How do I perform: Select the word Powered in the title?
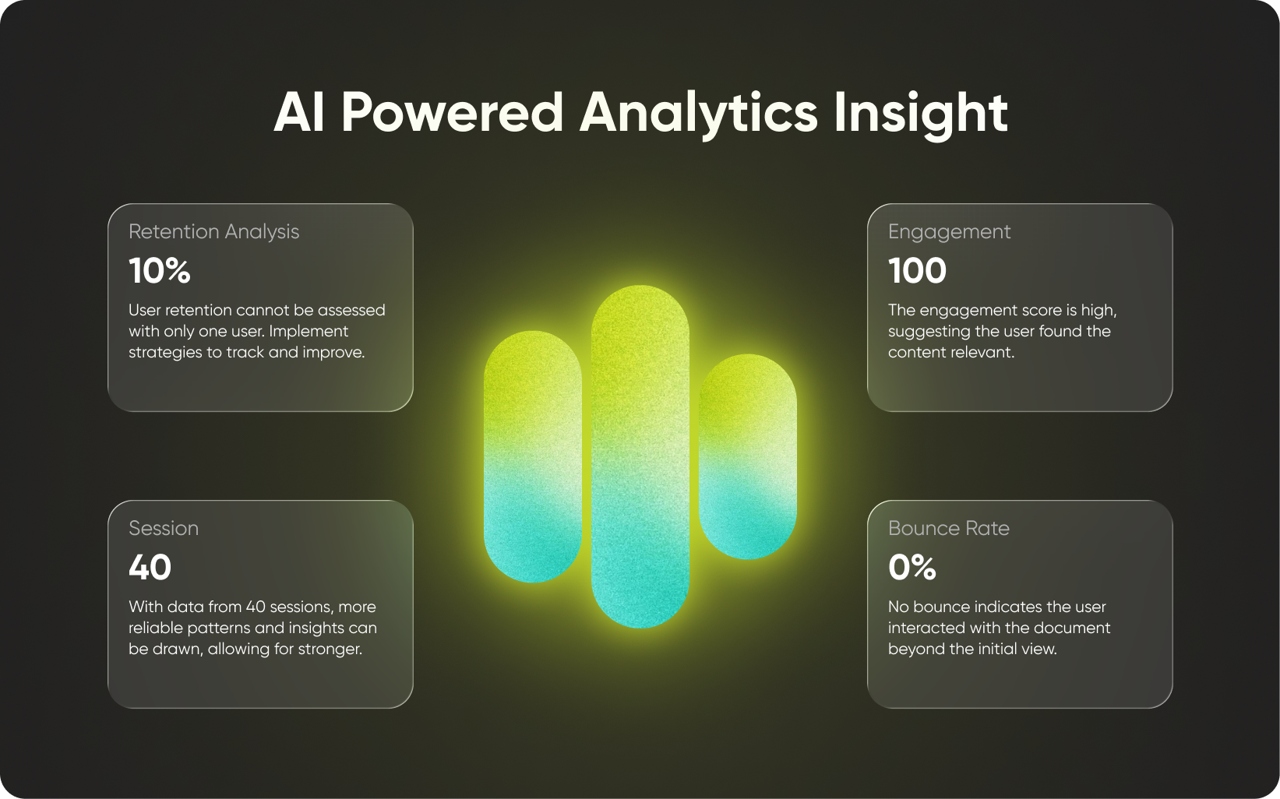coord(452,112)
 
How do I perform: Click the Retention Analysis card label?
coord(213,232)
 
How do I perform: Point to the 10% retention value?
coord(160,270)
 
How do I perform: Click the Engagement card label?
coord(949,232)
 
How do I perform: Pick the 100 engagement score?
coord(917,270)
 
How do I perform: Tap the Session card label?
coord(164,528)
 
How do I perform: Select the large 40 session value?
coord(150,567)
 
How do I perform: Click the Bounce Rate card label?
coord(949,528)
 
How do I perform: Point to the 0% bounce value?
coord(912,567)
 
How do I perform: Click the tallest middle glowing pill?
coord(640,457)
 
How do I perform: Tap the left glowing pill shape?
coord(533,457)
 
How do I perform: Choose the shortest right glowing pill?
coord(747,457)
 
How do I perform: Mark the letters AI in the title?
coord(299,112)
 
